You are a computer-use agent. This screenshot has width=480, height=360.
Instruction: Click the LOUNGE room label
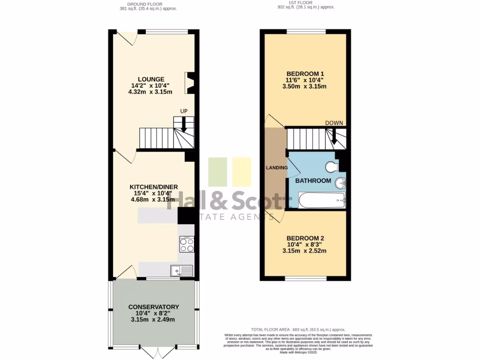[151, 79]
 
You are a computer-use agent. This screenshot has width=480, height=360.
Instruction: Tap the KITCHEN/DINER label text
[154, 187]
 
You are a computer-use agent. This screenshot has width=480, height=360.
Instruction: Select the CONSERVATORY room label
[154, 307]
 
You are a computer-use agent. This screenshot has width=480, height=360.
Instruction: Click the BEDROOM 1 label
[306, 74]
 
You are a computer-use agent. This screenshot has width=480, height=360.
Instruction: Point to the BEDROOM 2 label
[305, 238]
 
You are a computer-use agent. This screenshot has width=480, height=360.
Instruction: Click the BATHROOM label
[313, 180]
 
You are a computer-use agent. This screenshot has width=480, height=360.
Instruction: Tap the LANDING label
[277, 167]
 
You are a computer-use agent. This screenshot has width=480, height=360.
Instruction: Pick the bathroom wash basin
[341, 183]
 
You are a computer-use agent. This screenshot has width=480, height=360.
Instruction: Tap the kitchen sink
[182, 270]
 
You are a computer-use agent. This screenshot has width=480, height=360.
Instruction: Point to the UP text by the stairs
[184, 111]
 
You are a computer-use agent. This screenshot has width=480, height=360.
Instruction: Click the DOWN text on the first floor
[334, 123]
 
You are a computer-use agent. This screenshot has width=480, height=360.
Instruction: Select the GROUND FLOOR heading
[148, 4]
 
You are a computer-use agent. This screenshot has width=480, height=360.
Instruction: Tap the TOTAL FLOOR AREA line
[299, 330]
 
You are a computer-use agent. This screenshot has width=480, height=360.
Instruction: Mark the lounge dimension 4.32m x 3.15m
[150, 92]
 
